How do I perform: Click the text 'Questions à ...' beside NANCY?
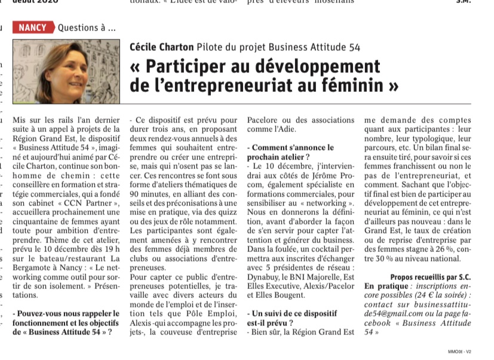tap(87, 27)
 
